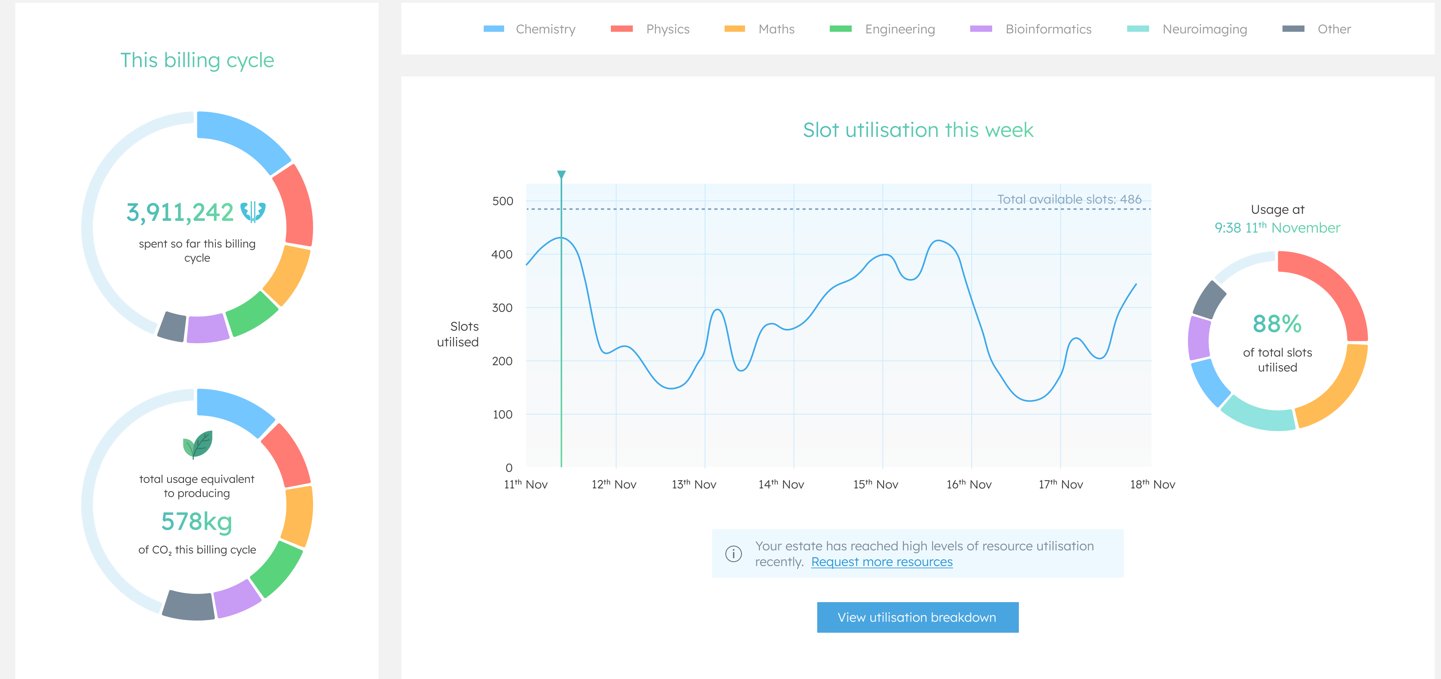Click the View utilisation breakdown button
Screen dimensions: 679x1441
point(917,617)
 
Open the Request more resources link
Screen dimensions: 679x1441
point(882,562)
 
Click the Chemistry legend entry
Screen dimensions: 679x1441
point(530,29)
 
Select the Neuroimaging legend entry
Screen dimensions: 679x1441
point(1187,29)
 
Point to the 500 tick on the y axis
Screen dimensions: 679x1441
point(502,201)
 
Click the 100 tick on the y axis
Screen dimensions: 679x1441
point(502,415)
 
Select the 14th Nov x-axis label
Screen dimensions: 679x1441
point(781,484)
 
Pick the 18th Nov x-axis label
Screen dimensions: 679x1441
point(1152,484)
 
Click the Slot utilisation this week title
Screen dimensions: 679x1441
point(918,130)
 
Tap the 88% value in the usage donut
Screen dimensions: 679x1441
point(1277,324)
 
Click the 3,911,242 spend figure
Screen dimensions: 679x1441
point(180,213)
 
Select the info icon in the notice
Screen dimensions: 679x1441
point(733,554)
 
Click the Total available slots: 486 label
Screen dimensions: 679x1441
point(1069,199)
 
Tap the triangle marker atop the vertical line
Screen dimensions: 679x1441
point(561,175)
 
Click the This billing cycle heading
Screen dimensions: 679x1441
point(197,60)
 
